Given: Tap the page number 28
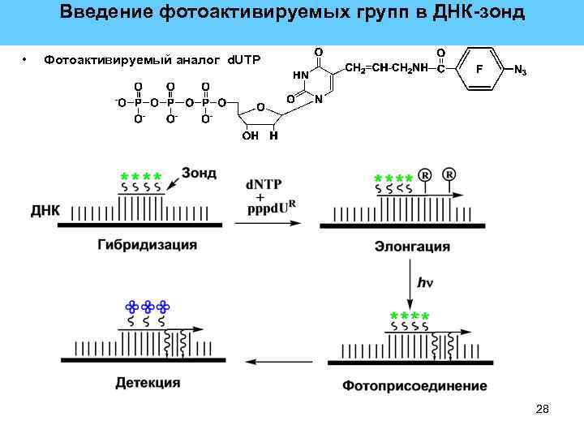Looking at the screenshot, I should point(543,409).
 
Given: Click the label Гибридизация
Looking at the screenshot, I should point(148,244).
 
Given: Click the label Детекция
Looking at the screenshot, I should point(148,382).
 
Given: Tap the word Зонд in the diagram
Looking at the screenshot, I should point(199,173).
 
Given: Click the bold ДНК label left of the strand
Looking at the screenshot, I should point(45,210).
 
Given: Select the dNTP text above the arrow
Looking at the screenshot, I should point(264,185).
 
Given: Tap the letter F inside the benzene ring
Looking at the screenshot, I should point(479,70).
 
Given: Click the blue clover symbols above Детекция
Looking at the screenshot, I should point(147,307).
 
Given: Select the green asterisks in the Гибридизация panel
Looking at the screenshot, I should point(140,177).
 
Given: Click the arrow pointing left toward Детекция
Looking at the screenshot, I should point(276,361).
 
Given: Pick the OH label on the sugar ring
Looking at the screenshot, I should point(250,135).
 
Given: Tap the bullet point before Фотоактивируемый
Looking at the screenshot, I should point(26,59).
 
